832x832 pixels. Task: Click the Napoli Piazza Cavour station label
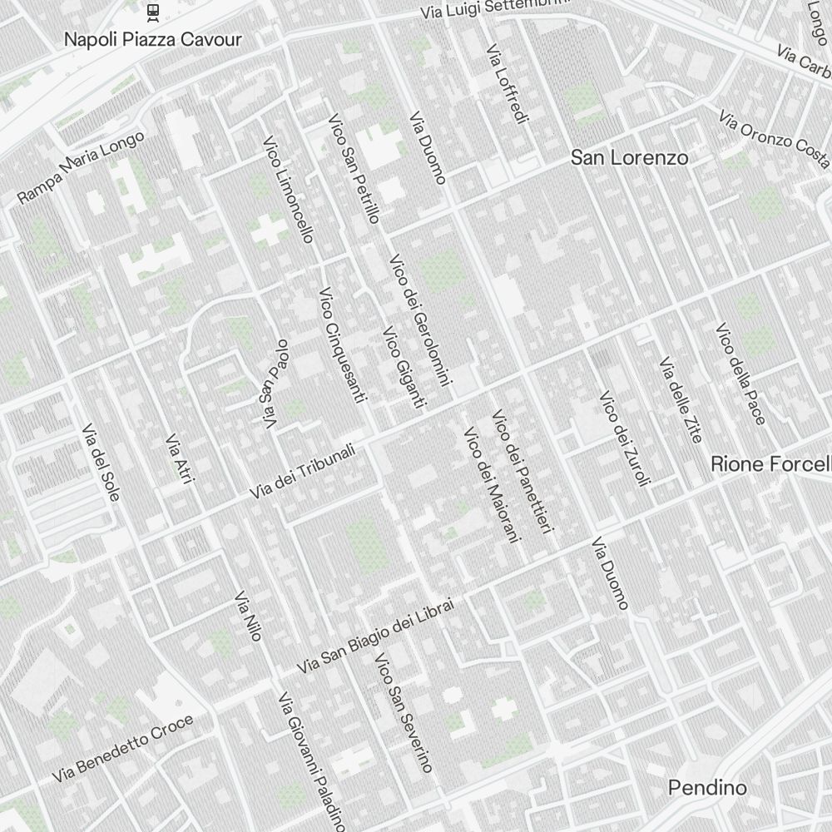[153, 39]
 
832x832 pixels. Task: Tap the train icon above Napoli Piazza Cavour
[153, 11]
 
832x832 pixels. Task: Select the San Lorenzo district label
[629, 157]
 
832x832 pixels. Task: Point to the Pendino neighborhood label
[707, 787]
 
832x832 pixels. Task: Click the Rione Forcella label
[770, 464]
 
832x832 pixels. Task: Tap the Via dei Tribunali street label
[303, 472]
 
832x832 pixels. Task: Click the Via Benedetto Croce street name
[122, 749]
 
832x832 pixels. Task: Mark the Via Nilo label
[248, 617]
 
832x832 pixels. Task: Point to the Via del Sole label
[101, 463]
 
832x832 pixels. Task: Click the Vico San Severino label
[404, 713]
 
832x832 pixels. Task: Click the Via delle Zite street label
[680, 399]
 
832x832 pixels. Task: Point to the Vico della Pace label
[740, 374]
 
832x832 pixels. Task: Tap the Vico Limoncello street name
[288, 190]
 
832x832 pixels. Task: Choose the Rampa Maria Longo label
[81, 166]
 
